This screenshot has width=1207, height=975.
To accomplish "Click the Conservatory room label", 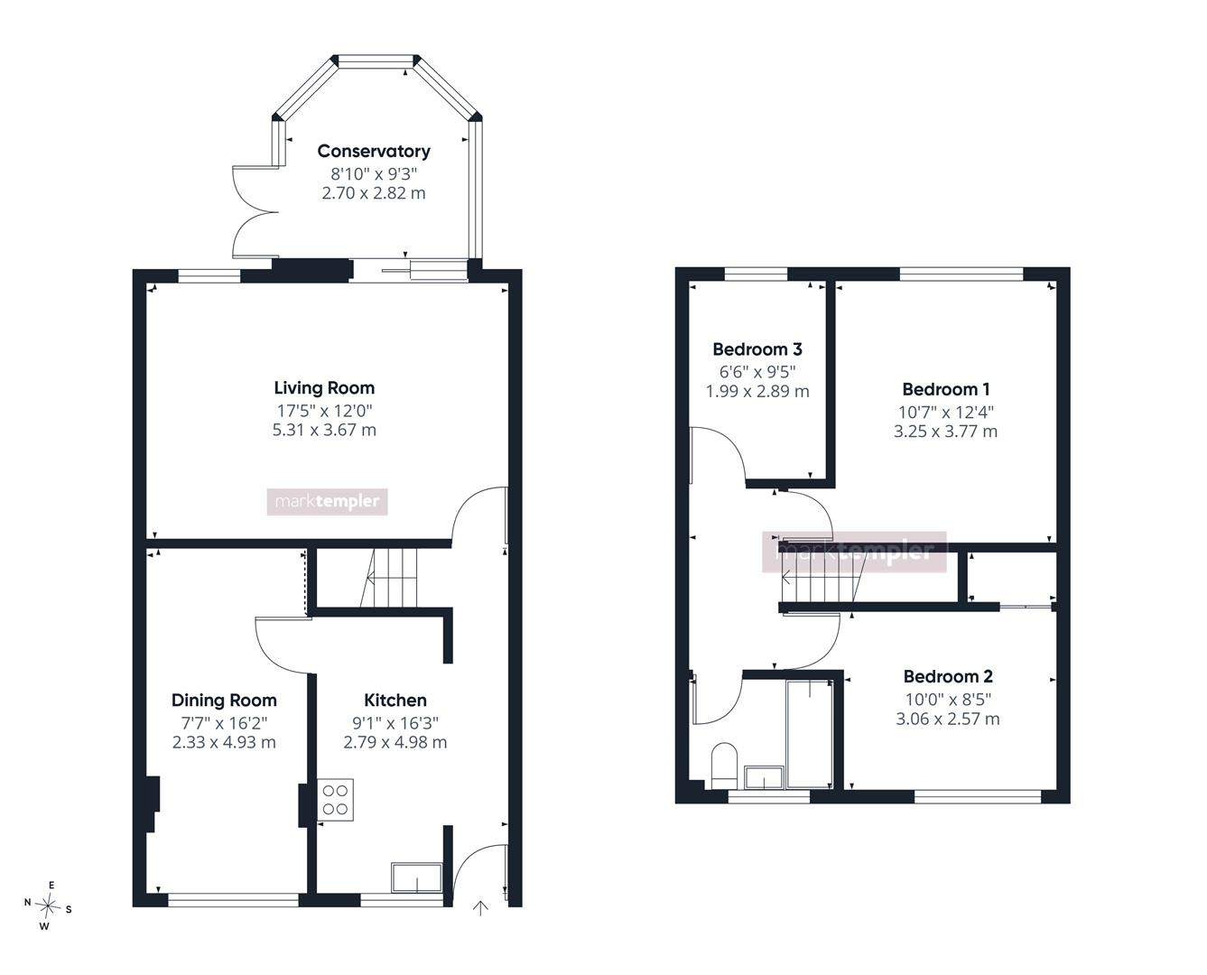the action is pos(374,152).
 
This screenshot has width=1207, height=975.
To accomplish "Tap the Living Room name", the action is pos(324,388).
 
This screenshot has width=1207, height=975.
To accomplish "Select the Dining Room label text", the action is pos(224,701).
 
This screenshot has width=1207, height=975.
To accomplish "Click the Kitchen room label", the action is pos(395,701).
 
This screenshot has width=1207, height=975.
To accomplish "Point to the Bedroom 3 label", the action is pos(757,349).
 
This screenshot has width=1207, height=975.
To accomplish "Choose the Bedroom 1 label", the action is pos(946,390).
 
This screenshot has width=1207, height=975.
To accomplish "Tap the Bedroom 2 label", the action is pos(948,676).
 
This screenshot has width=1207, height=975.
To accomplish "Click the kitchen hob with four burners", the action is pos(335,800).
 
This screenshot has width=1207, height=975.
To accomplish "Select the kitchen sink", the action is pos(416,878).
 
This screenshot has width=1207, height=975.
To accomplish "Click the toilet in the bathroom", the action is pos(724,765).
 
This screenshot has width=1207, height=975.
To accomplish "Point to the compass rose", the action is pos(48,905).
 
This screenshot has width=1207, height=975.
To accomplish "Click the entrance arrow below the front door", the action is pos(480,908).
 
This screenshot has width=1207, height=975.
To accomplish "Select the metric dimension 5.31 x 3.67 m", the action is pos(324,430).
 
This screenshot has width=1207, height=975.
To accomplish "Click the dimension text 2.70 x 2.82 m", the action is pos(374,193).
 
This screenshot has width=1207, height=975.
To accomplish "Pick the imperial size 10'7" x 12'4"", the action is pos(946,412).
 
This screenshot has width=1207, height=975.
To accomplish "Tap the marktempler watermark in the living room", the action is pos(327,502).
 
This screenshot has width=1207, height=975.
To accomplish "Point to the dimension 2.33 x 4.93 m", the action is pos(224,742).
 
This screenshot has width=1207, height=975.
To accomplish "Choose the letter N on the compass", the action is pos(27,902).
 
